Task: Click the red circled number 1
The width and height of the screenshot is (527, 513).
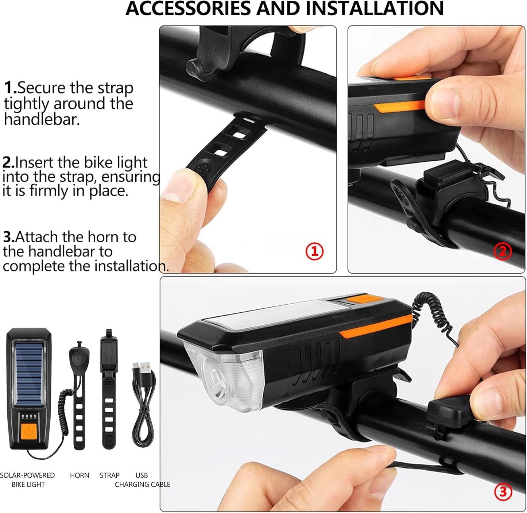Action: tap(314, 252)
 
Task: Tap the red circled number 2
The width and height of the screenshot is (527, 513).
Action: tap(503, 251)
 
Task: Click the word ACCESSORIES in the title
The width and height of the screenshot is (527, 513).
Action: tap(188, 8)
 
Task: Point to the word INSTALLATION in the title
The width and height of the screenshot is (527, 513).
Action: tap(375, 8)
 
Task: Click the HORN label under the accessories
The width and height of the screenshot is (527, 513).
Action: tap(80, 475)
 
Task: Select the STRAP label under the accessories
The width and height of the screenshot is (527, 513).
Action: tap(109, 475)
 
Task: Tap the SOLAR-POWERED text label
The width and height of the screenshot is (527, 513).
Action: tap(27, 475)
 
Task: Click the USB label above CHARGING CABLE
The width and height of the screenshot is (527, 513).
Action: tap(142, 475)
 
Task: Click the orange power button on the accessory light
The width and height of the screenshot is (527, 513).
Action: tap(28, 431)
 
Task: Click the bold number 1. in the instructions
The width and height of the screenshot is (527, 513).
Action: tap(10, 88)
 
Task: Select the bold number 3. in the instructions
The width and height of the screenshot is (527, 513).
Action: tap(9, 237)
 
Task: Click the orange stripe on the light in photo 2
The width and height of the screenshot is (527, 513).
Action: tap(399, 106)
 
